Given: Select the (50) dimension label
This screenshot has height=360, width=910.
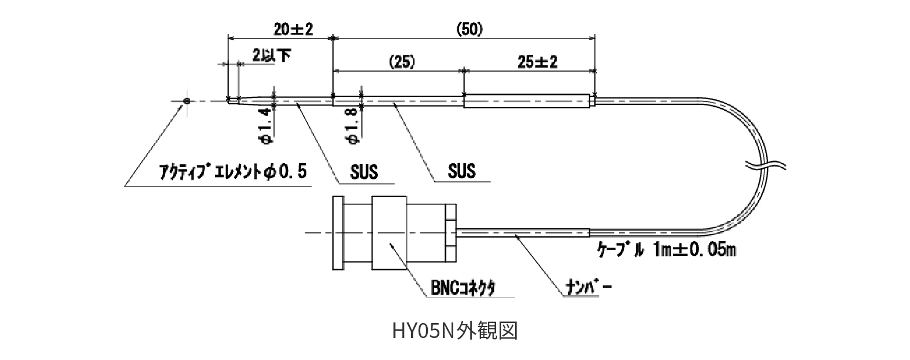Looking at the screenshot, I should point(469,29).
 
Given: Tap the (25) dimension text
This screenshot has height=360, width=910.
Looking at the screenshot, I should point(402,62).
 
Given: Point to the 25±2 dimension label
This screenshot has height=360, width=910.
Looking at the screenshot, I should point(537,62).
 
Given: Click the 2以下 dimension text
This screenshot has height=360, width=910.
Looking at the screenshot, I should point(271,55).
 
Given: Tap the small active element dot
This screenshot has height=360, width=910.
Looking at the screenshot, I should point(186,102).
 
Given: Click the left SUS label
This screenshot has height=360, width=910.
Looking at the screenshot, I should point(364,172).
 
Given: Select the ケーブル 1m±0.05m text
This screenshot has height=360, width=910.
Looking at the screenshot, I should point(665,250).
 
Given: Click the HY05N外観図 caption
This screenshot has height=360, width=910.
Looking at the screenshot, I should point(454,331).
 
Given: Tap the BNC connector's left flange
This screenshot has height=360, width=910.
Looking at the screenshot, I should point(338,233).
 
